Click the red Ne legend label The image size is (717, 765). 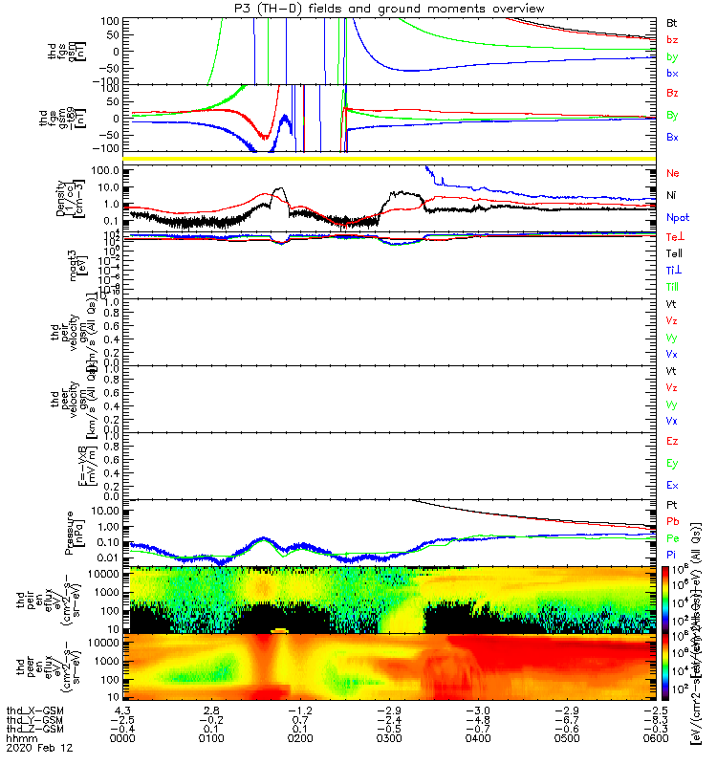[672, 173]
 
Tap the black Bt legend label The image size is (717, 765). [671, 21]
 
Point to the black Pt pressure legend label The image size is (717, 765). [671, 503]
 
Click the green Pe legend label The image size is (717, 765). [671, 538]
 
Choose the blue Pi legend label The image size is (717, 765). [671, 556]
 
